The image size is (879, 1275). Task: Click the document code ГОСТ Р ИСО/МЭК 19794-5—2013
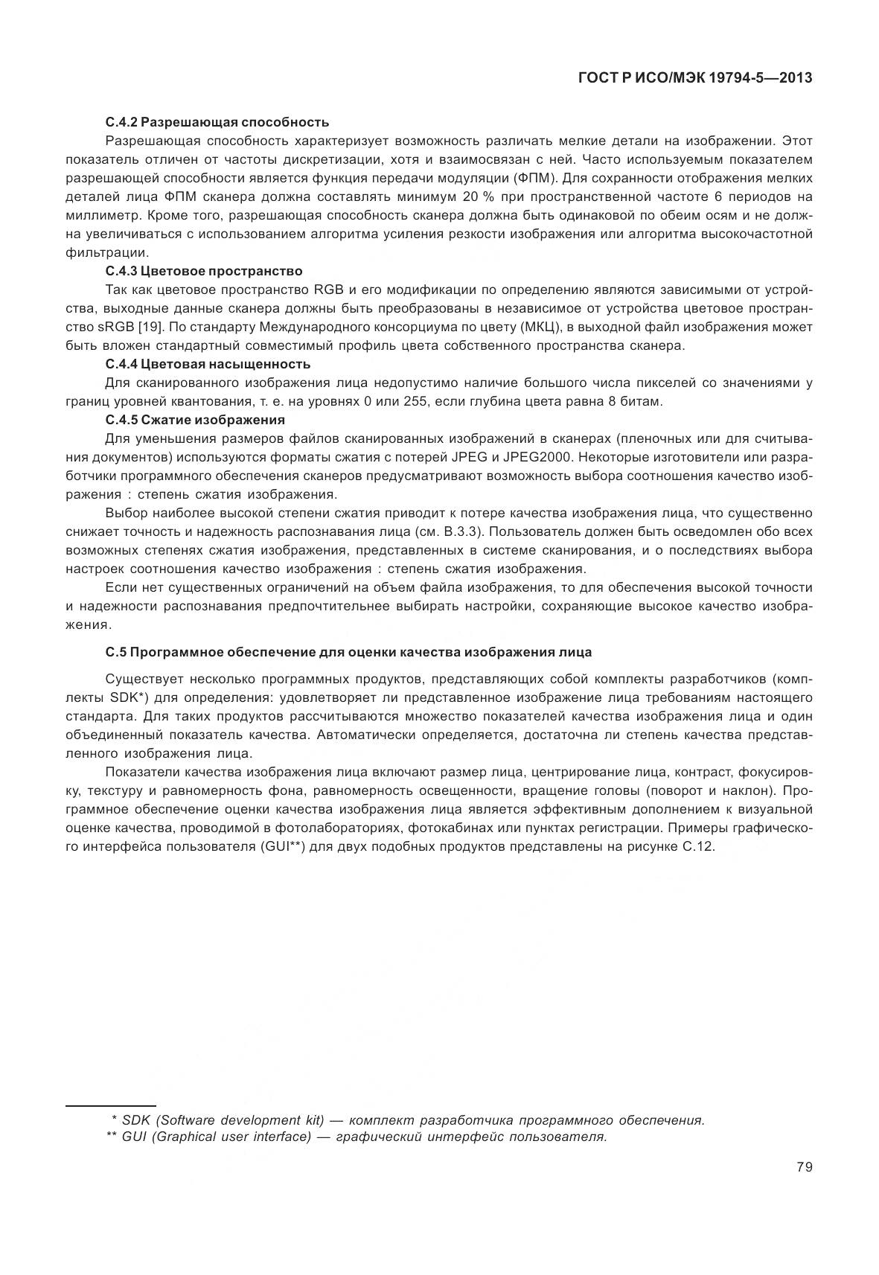(694, 77)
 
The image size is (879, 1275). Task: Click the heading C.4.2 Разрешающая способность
(217, 122)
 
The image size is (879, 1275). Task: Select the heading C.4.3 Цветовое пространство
(204, 271)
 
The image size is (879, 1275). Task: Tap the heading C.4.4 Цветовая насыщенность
(208, 364)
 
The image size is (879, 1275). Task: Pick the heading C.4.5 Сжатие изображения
(196, 420)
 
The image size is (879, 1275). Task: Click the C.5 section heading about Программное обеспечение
(348, 652)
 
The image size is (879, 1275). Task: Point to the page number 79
(804, 1167)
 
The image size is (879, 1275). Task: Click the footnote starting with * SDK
(407, 1120)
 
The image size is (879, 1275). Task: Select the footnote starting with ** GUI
(357, 1137)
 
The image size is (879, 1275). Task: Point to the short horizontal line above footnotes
(110, 1106)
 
